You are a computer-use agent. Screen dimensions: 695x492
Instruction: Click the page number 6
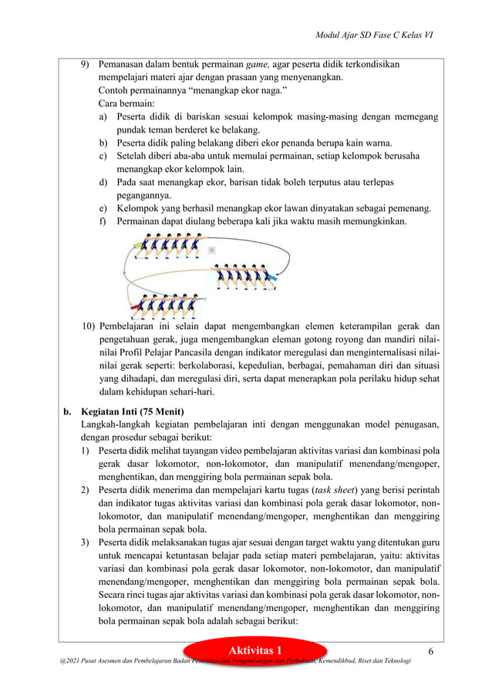431,652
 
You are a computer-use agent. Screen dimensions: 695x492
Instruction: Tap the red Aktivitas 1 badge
258,652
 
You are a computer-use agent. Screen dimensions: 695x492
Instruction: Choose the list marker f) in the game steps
103,222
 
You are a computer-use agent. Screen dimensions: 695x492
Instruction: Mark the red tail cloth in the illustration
139,306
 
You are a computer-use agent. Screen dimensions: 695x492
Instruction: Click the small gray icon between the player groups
211,251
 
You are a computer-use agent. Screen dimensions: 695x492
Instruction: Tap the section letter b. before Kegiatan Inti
68,411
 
